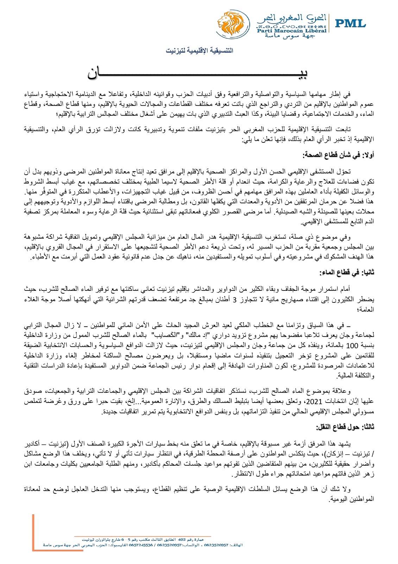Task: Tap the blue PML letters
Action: [350, 24]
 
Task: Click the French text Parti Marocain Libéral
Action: [292, 31]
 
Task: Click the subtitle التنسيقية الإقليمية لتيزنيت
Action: [200, 51]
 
